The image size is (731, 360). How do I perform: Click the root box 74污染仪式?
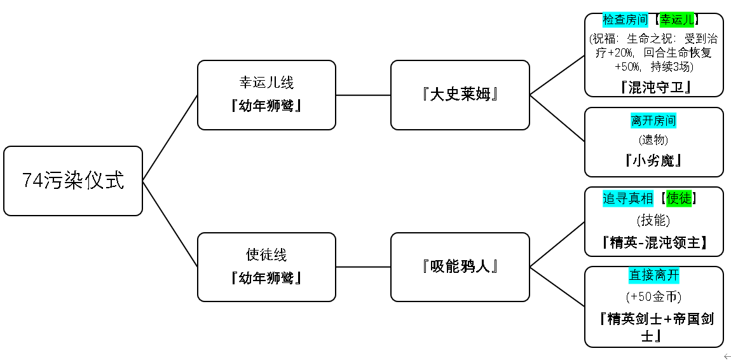click(x=72, y=181)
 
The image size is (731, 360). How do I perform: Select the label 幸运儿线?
click(x=266, y=83)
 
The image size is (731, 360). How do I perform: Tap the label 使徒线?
click(x=266, y=254)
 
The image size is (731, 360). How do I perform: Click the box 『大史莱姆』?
click(x=460, y=95)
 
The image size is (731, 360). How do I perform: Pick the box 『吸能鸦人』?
click(x=460, y=267)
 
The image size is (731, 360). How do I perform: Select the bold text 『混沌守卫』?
click(x=655, y=87)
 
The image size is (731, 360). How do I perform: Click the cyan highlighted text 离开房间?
click(x=653, y=121)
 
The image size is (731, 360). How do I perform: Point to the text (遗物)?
click(x=653, y=139)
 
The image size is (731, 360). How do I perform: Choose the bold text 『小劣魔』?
click(x=653, y=160)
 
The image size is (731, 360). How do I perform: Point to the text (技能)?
click(x=653, y=220)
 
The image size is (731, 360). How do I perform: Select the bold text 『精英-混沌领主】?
click(x=653, y=242)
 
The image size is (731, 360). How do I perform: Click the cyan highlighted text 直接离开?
click(x=653, y=275)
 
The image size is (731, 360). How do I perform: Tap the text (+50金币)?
click(x=653, y=296)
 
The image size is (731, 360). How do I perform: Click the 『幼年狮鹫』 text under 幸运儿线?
click(x=266, y=106)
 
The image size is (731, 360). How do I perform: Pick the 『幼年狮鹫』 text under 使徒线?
click(x=266, y=279)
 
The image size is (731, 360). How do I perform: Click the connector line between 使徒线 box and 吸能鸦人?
click(x=363, y=267)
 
